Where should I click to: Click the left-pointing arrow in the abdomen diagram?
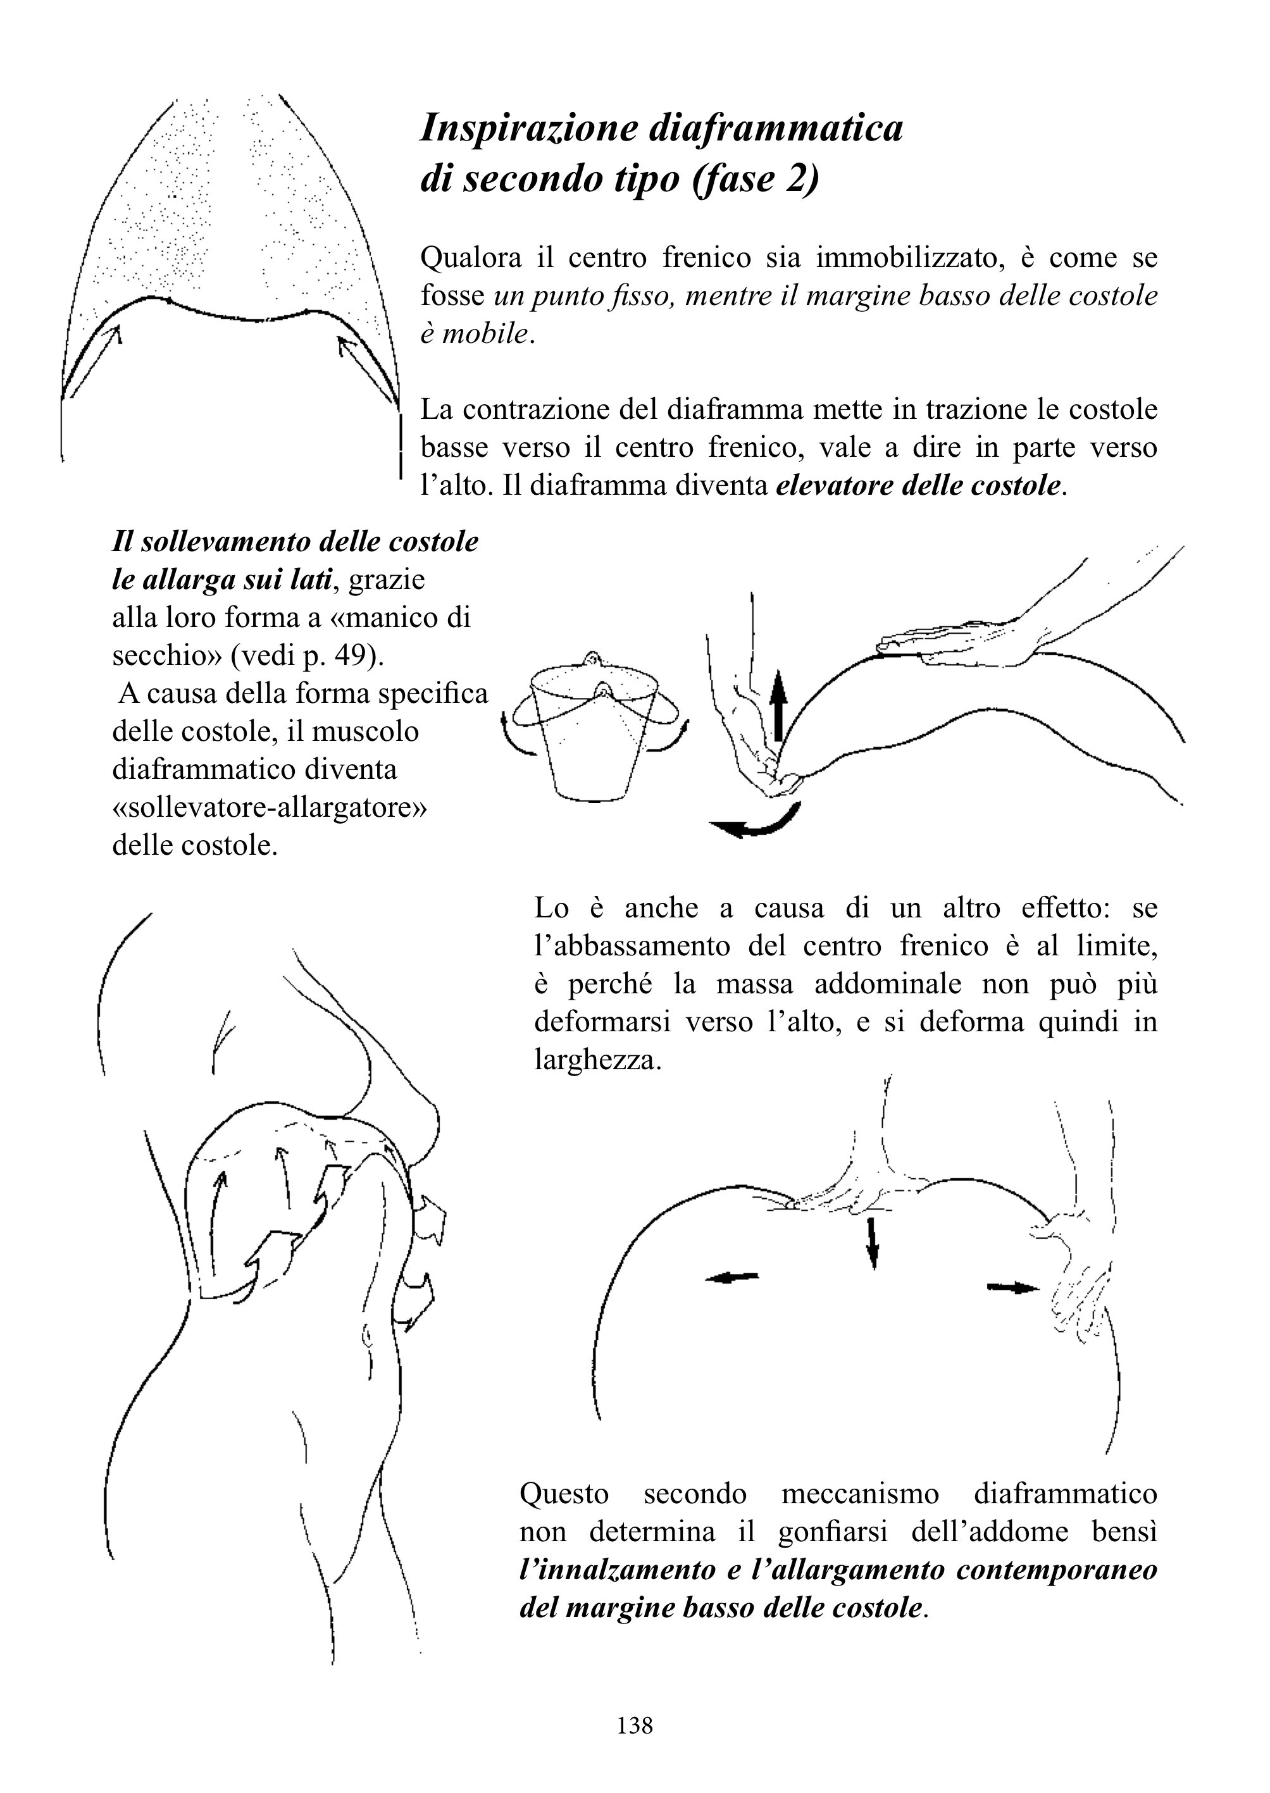coord(732,1277)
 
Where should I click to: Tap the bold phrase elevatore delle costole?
coord(919,486)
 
